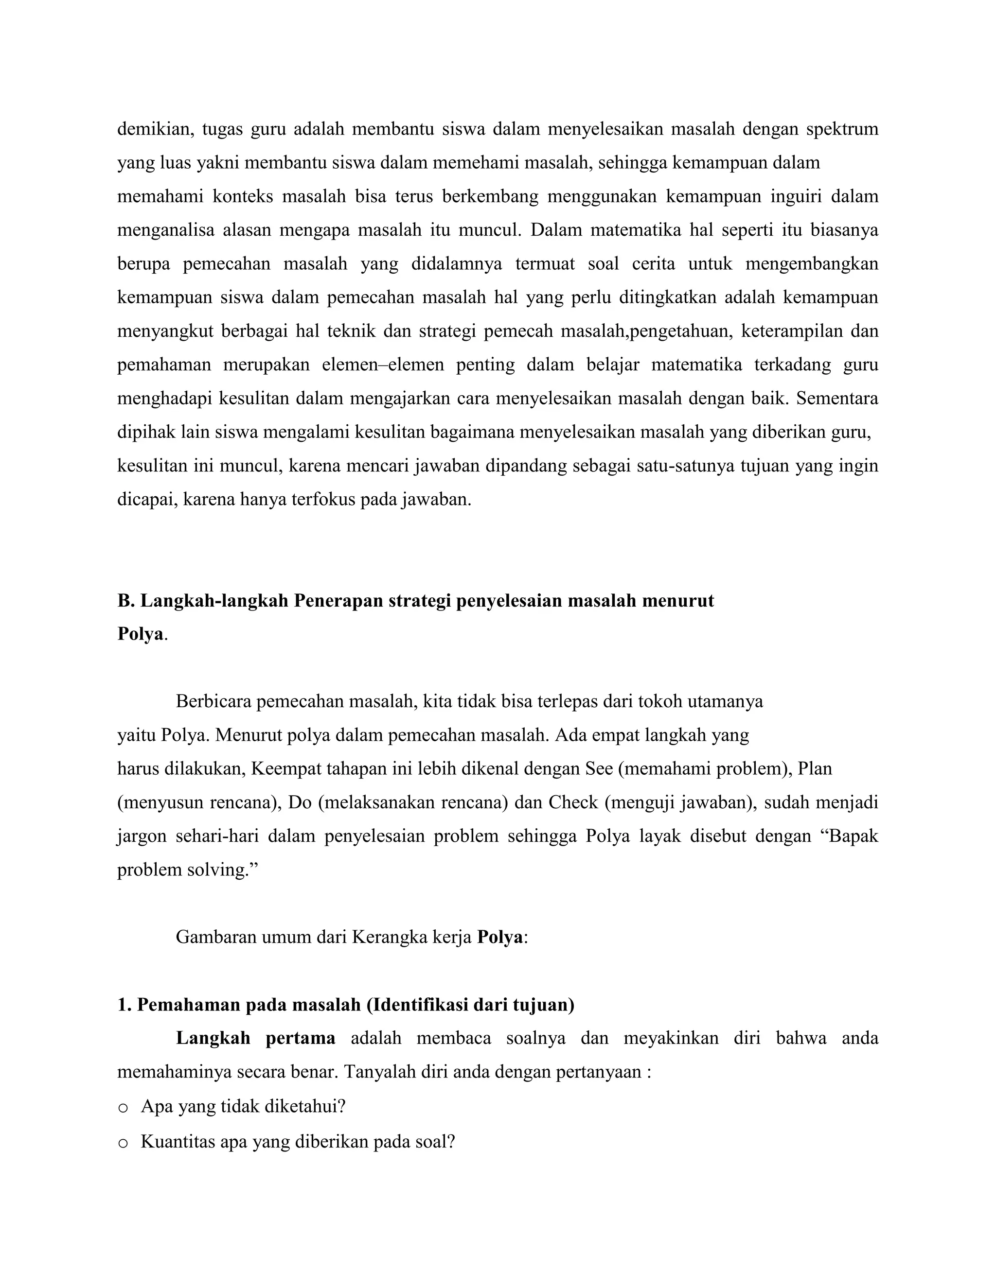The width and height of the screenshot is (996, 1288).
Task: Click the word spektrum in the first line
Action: (x=842, y=129)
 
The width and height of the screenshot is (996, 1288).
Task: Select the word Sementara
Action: (x=836, y=399)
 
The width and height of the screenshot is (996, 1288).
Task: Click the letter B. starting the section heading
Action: (x=125, y=601)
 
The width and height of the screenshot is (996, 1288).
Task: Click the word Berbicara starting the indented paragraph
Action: (x=213, y=702)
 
